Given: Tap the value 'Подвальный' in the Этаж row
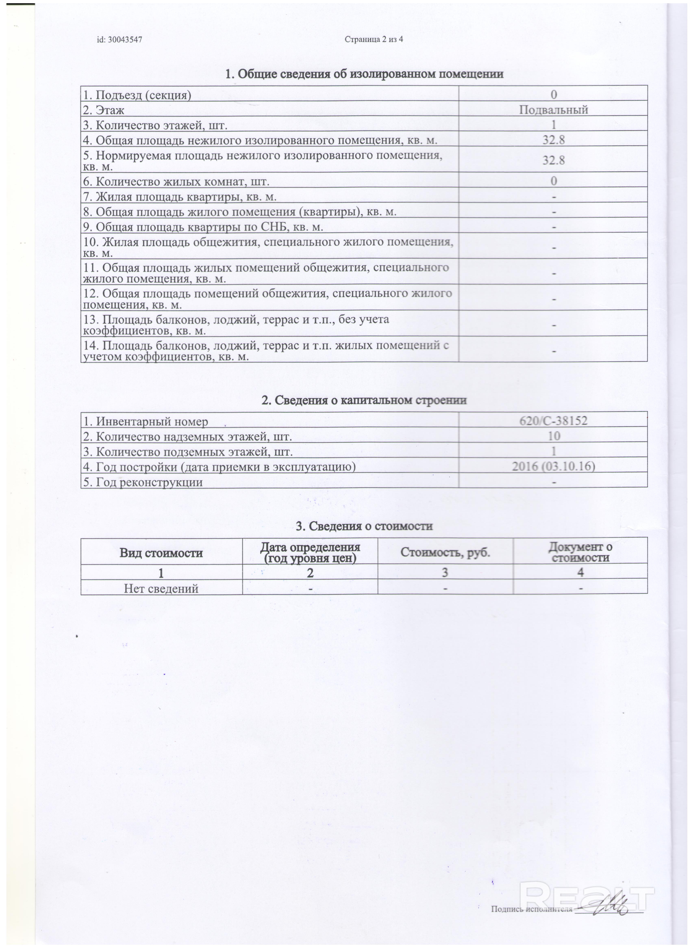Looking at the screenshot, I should click(x=553, y=110).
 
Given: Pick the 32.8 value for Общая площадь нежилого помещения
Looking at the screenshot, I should click(x=553, y=140).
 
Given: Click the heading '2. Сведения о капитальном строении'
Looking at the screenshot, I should click(x=364, y=400).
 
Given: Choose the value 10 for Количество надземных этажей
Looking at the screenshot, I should click(x=553, y=436).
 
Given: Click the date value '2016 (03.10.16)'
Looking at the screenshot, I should click(x=553, y=466).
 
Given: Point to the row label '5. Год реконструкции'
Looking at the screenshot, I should click(x=143, y=482).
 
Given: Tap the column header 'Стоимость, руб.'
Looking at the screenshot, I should click(x=445, y=553).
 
